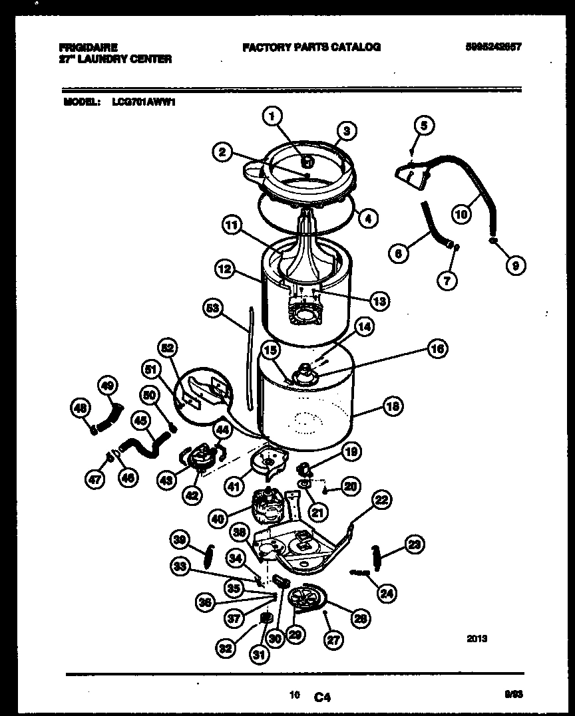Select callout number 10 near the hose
point(461,214)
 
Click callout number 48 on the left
point(81,410)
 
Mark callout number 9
point(514,266)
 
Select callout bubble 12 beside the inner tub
point(225,269)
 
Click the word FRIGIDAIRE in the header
point(89,47)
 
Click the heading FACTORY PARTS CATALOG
point(311,47)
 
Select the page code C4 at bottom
point(322,697)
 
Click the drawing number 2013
point(477,639)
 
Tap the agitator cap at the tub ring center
point(307,161)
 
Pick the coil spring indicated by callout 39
point(208,552)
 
